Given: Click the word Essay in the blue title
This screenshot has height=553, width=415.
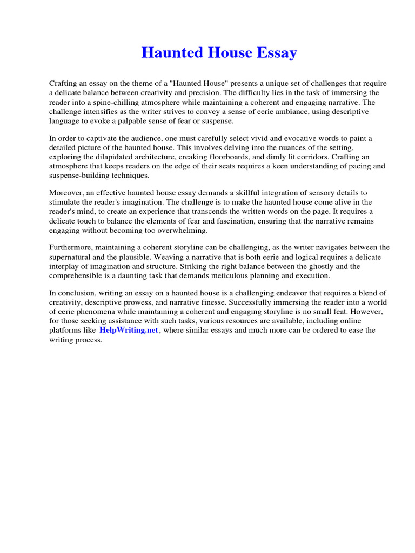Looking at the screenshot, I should pyautogui.click(x=278, y=53).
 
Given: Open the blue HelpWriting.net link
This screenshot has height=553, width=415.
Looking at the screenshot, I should pyautogui.click(x=129, y=331).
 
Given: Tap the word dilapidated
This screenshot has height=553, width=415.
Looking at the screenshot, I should pyautogui.click(x=106, y=157).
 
